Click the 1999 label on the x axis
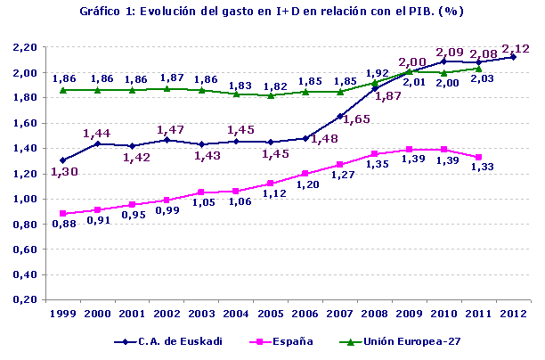pyautogui.click(x=62, y=313)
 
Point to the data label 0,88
pyautogui.click(x=62, y=225)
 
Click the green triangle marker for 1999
pyautogui.click(x=62, y=90)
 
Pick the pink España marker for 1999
pyautogui.click(x=62, y=213)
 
